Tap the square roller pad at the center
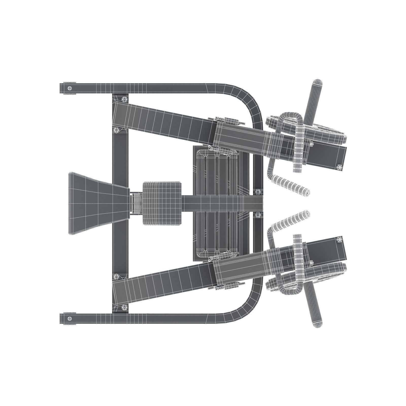click(x=162, y=203)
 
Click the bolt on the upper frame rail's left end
click(x=70, y=88)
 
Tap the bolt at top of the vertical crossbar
click(x=124, y=99)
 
